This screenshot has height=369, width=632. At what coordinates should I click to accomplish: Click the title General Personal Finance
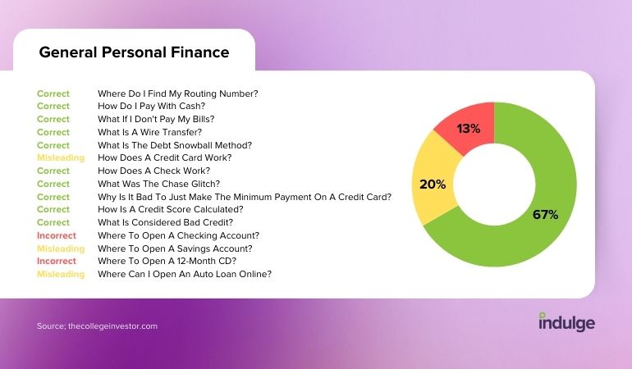(x=134, y=52)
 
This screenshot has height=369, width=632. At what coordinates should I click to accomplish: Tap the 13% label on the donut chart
(x=469, y=129)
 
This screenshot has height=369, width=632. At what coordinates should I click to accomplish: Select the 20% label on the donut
(x=433, y=184)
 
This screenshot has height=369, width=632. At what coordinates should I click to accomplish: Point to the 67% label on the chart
(x=545, y=214)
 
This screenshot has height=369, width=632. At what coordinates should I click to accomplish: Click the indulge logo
(x=566, y=322)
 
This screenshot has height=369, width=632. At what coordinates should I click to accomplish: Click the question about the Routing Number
(x=178, y=93)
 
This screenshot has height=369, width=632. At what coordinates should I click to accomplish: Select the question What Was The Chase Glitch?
(x=158, y=184)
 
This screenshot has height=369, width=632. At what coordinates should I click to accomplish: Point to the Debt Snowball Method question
(x=175, y=145)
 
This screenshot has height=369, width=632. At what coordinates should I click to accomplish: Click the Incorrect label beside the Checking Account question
(x=57, y=235)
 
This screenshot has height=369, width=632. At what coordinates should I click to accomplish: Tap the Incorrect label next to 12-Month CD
(x=57, y=261)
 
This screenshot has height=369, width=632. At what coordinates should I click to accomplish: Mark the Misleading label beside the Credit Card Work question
(x=61, y=157)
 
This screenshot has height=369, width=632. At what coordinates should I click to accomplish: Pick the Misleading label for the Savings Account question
(x=61, y=248)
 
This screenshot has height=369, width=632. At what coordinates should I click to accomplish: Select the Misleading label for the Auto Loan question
(x=61, y=274)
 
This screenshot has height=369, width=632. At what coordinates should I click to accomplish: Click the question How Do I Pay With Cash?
(x=152, y=106)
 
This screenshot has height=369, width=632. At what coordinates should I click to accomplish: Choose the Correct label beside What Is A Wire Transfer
(x=53, y=132)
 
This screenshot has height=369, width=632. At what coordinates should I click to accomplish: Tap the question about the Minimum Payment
(x=245, y=197)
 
